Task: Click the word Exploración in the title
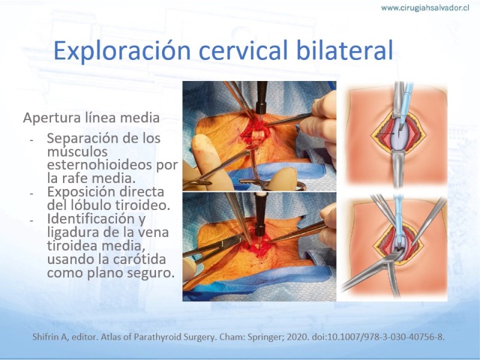point(122,50)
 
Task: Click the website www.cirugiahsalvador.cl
point(425,8)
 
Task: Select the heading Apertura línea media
point(91,118)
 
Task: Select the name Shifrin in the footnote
point(43,337)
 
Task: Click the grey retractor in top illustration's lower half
point(398,169)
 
